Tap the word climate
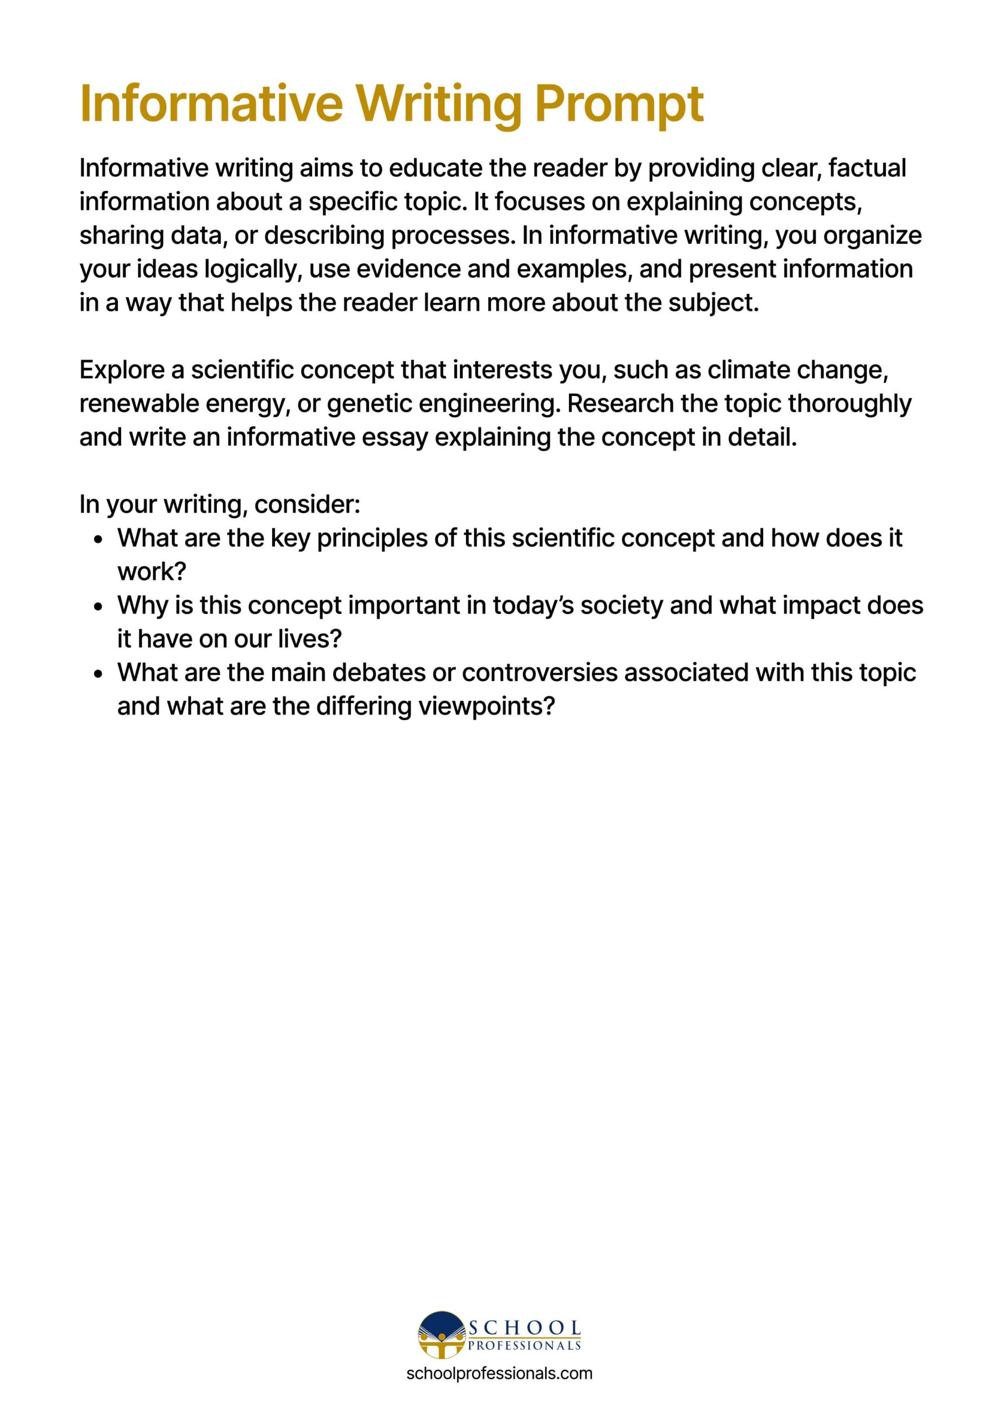749,370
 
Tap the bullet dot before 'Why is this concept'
98,607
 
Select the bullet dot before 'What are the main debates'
98,674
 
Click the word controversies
540,673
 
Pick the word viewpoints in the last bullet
486,707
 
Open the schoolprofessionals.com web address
499,1373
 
